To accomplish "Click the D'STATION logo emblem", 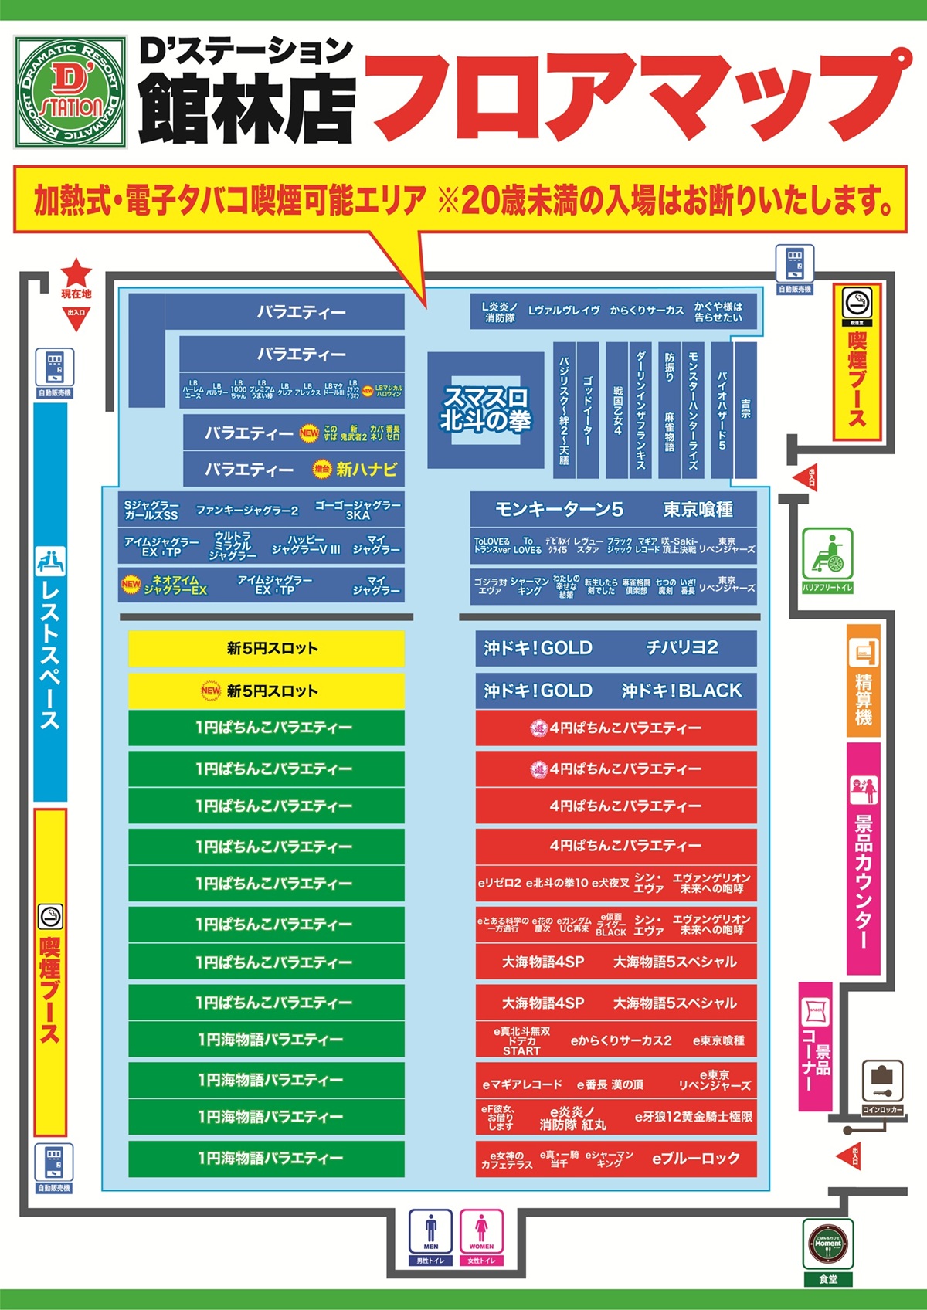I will tap(70, 92).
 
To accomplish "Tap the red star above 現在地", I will tap(76, 273).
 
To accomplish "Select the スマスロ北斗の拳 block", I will tap(486, 409).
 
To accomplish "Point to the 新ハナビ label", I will tap(366, 469).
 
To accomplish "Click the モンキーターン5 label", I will tap(559, 510).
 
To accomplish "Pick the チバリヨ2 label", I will tap(682, 648).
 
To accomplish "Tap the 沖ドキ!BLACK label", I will tap(681, 691).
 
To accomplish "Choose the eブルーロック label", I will tap(696, 1158).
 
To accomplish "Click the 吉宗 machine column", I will tap(745, 409).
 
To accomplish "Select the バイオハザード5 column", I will tap(722, 409).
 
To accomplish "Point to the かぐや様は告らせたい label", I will tap(718, 312).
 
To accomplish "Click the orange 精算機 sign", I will tap(863, 680).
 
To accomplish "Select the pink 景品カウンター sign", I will tap(863, 857).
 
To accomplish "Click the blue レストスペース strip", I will tap(50, 602).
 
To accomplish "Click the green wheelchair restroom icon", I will tap(827, 554).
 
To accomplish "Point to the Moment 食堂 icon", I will tap(828, 1244).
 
